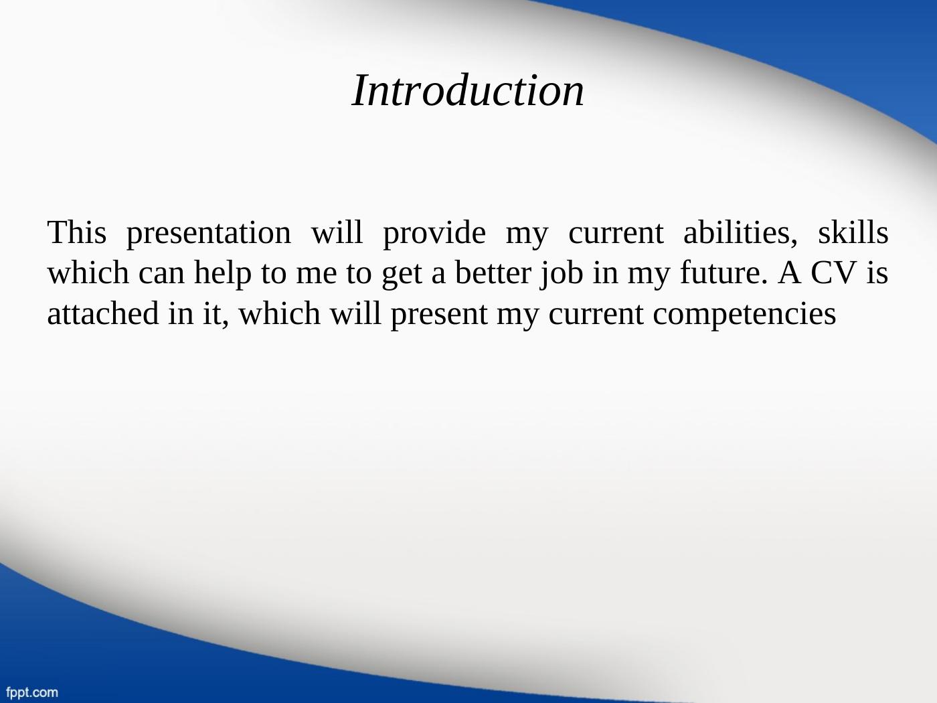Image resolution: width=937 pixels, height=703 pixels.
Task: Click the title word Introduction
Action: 468,90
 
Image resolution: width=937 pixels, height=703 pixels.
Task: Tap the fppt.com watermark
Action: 32,692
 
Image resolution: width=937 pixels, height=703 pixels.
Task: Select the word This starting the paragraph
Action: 77,232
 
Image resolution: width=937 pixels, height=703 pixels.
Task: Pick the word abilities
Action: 740,233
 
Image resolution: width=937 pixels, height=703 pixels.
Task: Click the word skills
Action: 853,232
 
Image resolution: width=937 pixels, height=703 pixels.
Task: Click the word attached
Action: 103,313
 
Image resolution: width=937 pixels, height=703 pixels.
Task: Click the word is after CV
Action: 877,272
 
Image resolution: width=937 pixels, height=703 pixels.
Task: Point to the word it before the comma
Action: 210,314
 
